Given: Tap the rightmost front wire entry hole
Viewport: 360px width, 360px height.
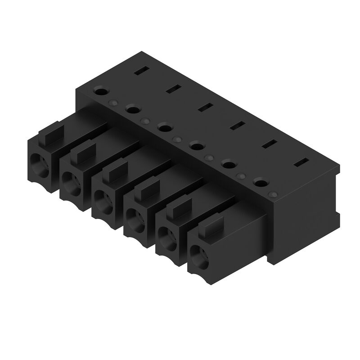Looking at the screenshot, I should click(x=198, y=259).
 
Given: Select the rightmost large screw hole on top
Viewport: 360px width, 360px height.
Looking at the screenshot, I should click(x=260, y=182).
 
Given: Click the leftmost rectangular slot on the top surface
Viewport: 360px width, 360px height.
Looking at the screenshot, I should click(x=141, y=70).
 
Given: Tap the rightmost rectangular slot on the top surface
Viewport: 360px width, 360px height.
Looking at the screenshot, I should click(x=301, y=162).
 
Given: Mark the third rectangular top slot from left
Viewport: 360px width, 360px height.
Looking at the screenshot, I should click(x=206, y=107).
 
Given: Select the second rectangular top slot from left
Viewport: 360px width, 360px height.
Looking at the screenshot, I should click(x=173, y=89).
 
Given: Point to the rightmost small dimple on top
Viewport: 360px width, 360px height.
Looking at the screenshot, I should click(x=273, y=194).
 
